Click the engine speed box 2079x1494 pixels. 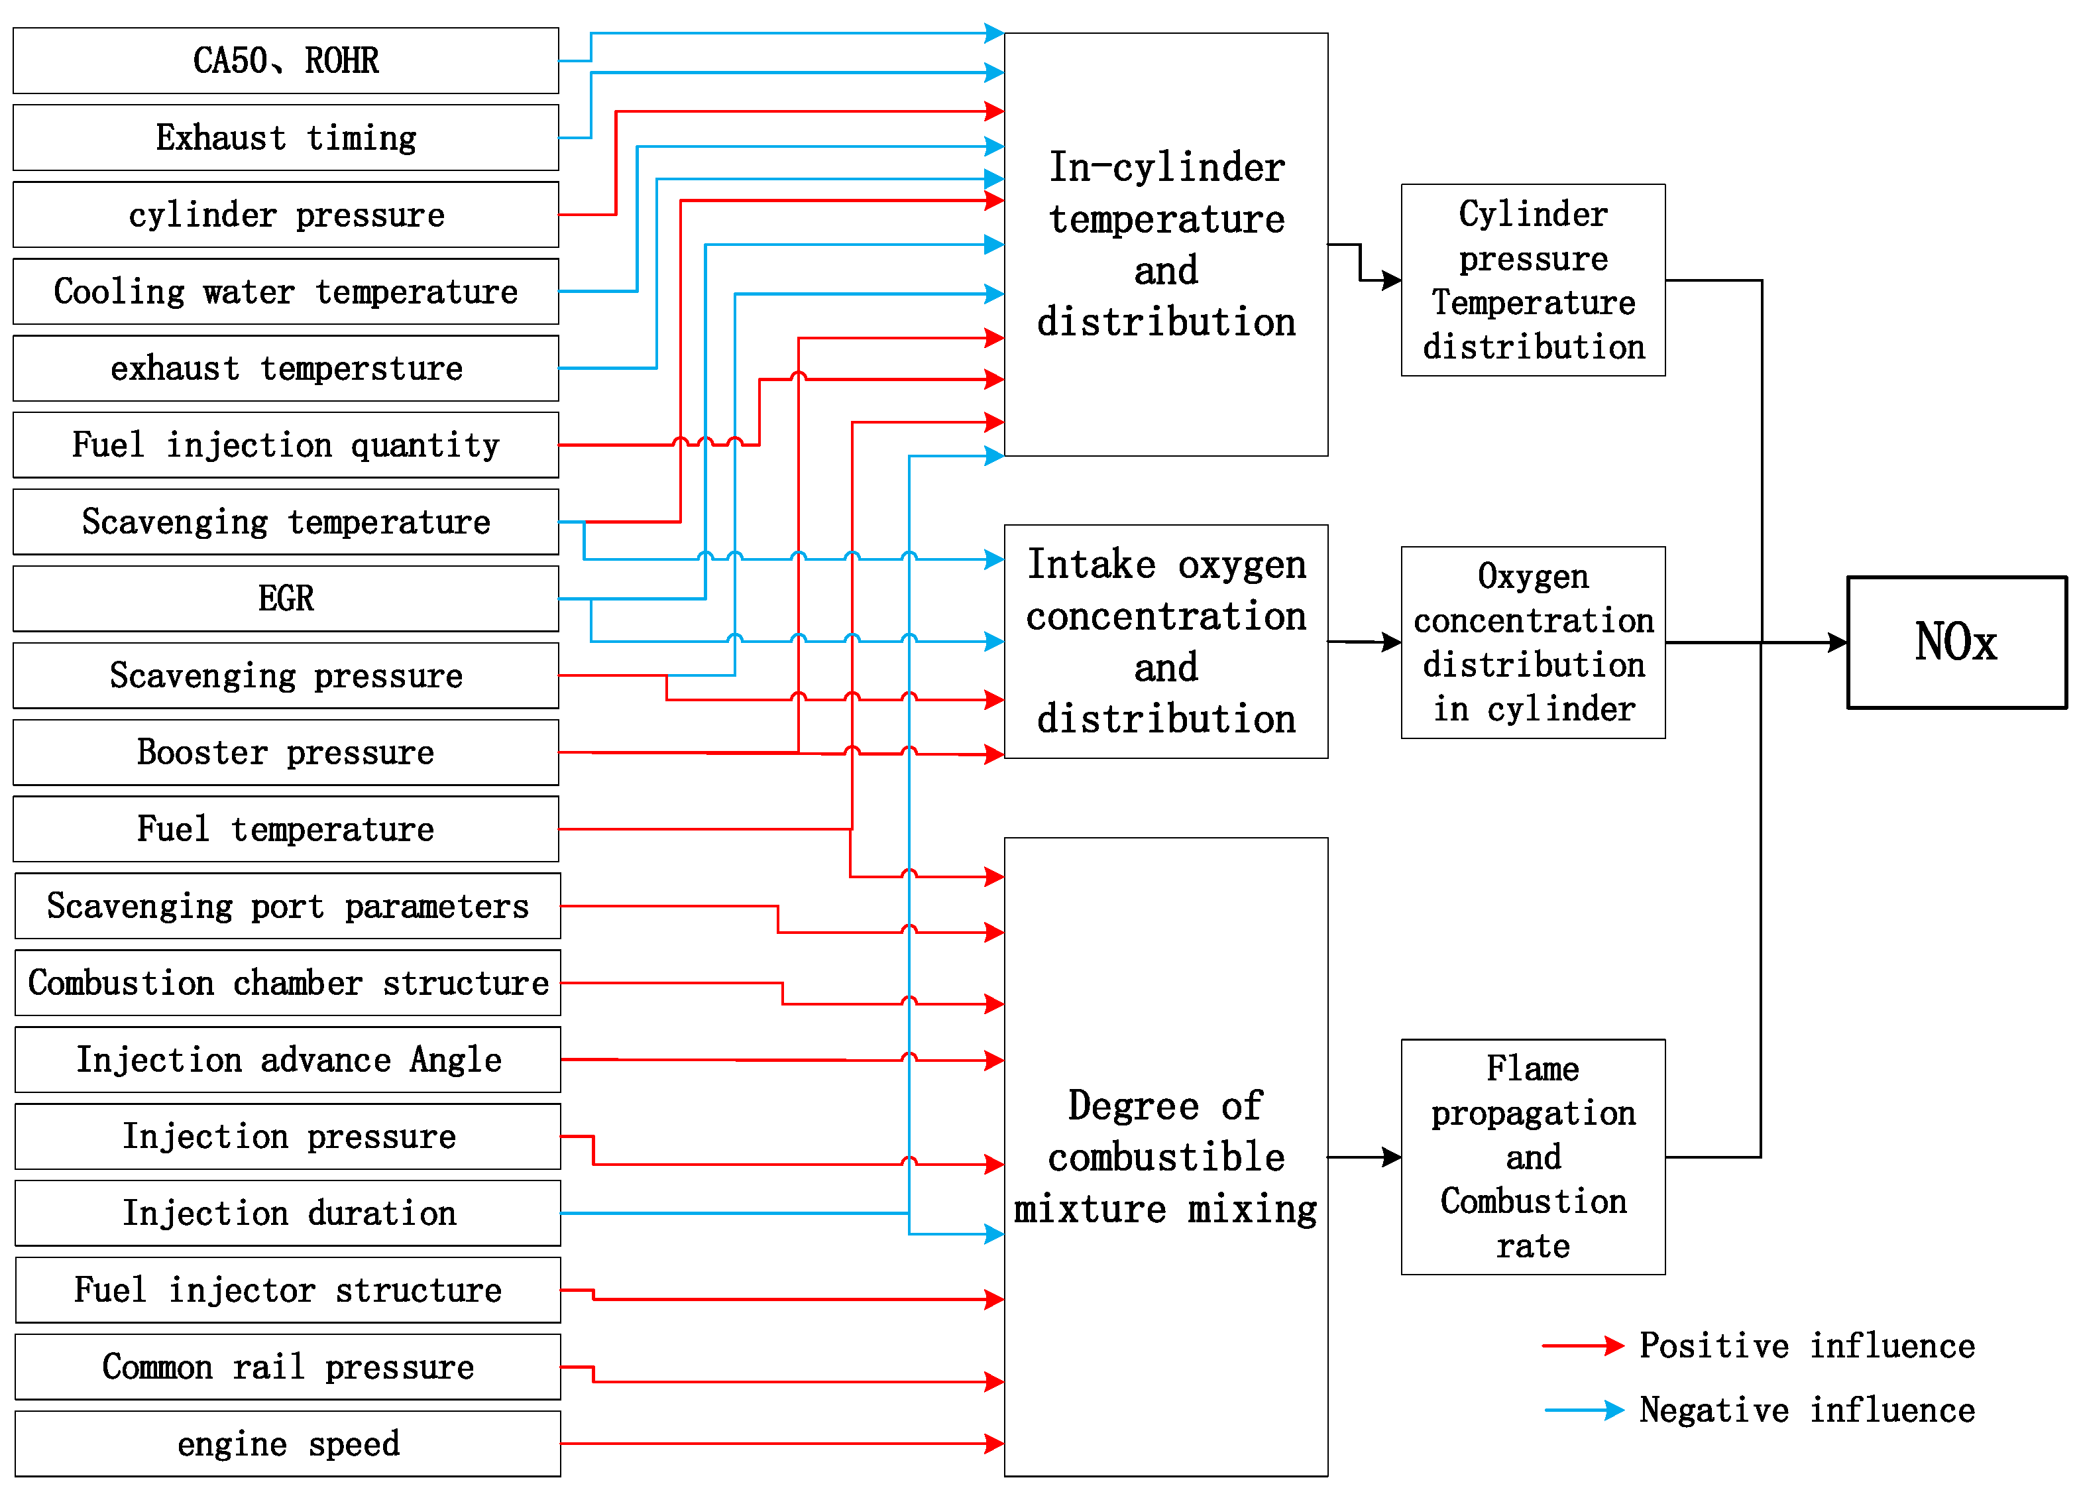(x=287, y=1444)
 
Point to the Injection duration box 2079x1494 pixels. (x=287, y=1212)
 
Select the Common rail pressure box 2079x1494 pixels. (x=287, y=1367)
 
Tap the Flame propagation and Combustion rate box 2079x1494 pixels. (x=1533, y=1157)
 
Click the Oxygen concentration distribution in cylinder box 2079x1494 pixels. (x=1533, y=642)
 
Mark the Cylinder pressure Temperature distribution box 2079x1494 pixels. (x=1533, y=280)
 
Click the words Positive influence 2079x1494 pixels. (x=1806, y=1346)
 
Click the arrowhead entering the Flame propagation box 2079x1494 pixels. (x=1392, y=1157)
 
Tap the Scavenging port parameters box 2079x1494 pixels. (x=287, y=905)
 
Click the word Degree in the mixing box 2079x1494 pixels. (x=1133, y=1106)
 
